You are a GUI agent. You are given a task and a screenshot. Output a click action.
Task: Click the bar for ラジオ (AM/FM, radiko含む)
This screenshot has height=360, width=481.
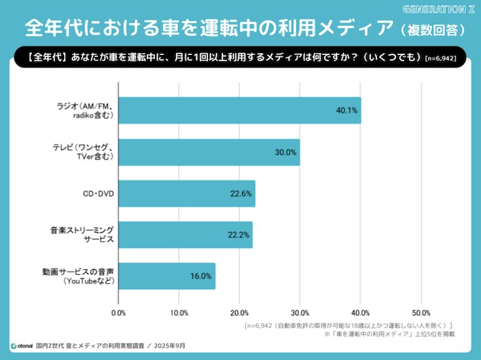(240, 111)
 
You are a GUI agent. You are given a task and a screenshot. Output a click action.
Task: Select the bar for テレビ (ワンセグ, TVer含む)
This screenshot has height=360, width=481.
(209, 152)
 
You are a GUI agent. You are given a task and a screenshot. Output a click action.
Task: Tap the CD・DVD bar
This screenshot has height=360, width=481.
(187, 194)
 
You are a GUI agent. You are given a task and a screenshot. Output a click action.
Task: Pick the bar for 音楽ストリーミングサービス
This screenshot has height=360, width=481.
(185, 235)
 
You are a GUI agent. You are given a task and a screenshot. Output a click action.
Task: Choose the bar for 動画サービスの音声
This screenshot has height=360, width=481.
(167, 276)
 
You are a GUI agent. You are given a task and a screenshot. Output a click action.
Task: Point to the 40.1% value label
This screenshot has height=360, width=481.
(346, 111)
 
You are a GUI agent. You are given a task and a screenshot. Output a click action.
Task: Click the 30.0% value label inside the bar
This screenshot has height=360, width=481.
(285, 152)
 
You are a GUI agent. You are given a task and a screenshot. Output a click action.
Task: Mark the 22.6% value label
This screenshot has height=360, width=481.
(241, 194)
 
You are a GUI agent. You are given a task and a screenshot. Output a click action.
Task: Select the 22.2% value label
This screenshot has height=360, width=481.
(238, 235)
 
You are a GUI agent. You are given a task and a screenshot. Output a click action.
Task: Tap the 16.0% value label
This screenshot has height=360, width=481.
(201, 276)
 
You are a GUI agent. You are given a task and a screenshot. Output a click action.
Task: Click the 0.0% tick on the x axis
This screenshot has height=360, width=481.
(118, 312)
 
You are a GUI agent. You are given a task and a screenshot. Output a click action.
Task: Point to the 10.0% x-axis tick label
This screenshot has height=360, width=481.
(179, 312)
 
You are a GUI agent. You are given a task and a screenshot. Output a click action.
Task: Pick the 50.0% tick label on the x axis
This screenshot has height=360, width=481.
(421, 312)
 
